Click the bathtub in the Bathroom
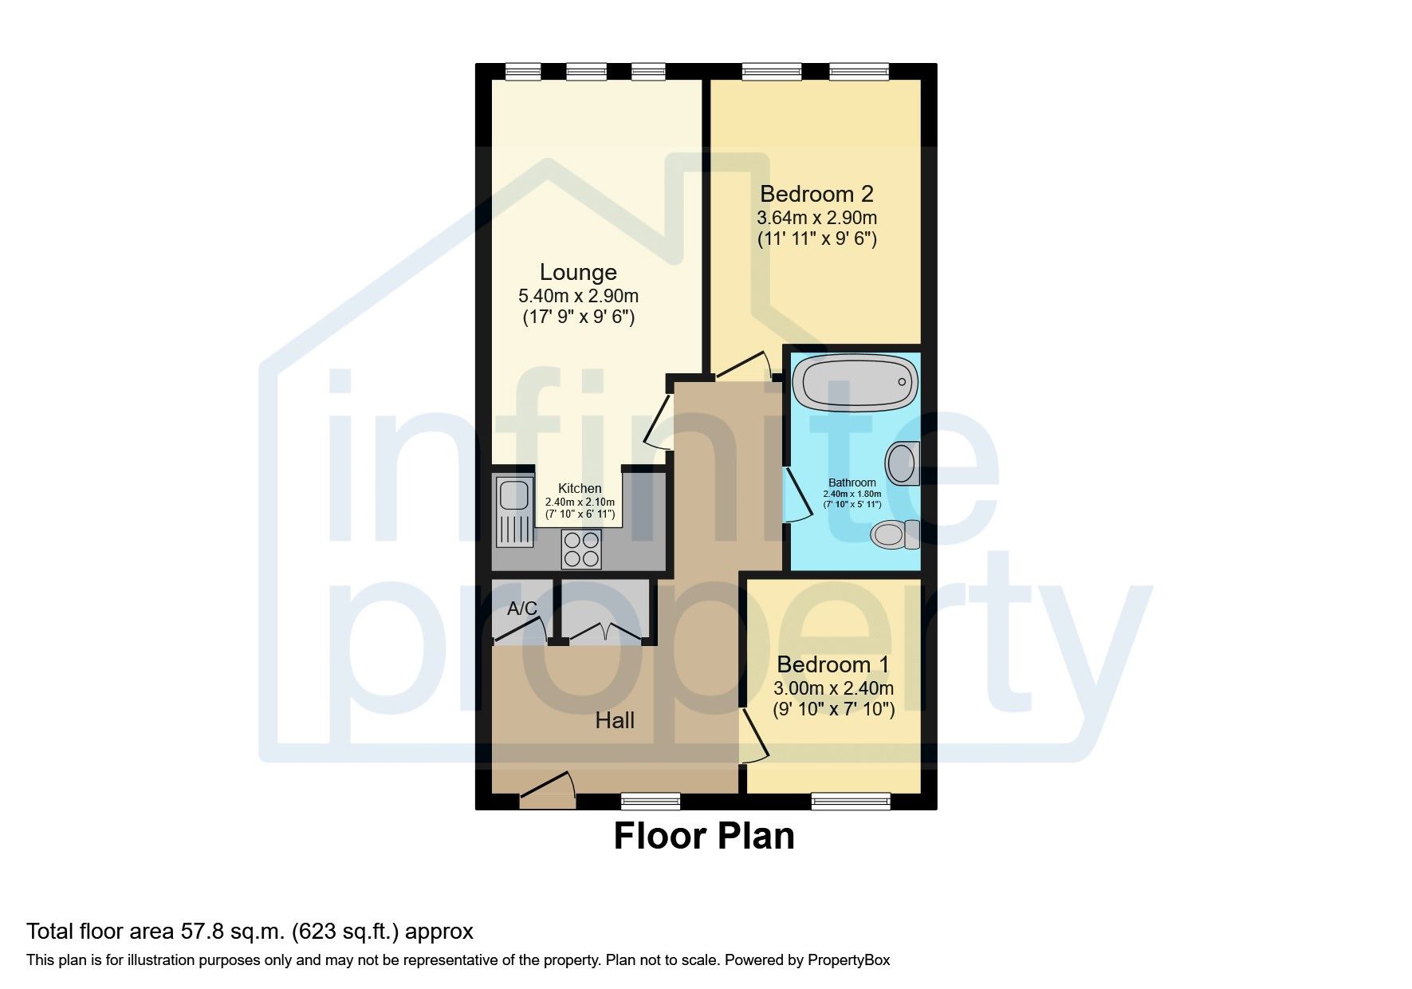pos(855,383)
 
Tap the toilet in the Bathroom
pos(895,534)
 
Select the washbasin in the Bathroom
pos(903,463)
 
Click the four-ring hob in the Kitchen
pos(581,549)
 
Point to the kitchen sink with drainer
pos(514,511)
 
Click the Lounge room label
pos(578,273)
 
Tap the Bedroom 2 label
pos(816,194)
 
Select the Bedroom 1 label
pos(833,664)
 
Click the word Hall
pos(615,721)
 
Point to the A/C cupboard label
pos(522,609)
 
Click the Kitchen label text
pos(580,488)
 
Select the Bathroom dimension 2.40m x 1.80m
pos(852,494)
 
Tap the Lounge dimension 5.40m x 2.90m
pos(578,296)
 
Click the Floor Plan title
pos(704,836)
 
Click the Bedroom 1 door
pos(753,735)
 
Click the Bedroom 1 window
pos(851,801)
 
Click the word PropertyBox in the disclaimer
pos(848,960)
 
